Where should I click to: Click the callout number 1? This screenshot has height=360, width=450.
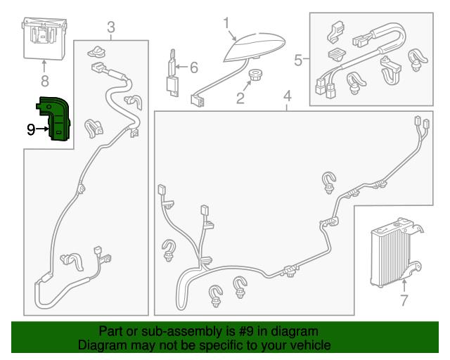pyautogui.click(x=226, y=23)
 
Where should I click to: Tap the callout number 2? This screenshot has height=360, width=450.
pyautogui.click(x=240, y=98)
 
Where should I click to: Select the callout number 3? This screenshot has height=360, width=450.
pyautogui.click(x=111, y=27)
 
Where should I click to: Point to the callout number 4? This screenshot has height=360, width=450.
pyautogui.click(x=288, y=96)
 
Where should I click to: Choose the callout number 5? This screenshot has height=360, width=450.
pyautogui.click(x=298, y=60)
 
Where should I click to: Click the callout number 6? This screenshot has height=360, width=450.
pyautogui.click(x=194, y=67)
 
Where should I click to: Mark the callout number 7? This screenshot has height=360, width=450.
pyautogui.click(x=404, y=300)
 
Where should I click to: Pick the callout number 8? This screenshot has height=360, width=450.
pyautogui.click(x=44, y=81)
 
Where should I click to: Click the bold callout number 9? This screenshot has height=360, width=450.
pyautogui.click(x=31, y=129)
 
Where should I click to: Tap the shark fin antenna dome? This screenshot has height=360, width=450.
pyautogui.click(x=255, y=46)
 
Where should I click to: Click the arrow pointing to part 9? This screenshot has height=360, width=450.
pyautogui.click(x=42, y=129)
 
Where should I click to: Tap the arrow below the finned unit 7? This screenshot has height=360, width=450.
pyautogui.click(x=404, y=287)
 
